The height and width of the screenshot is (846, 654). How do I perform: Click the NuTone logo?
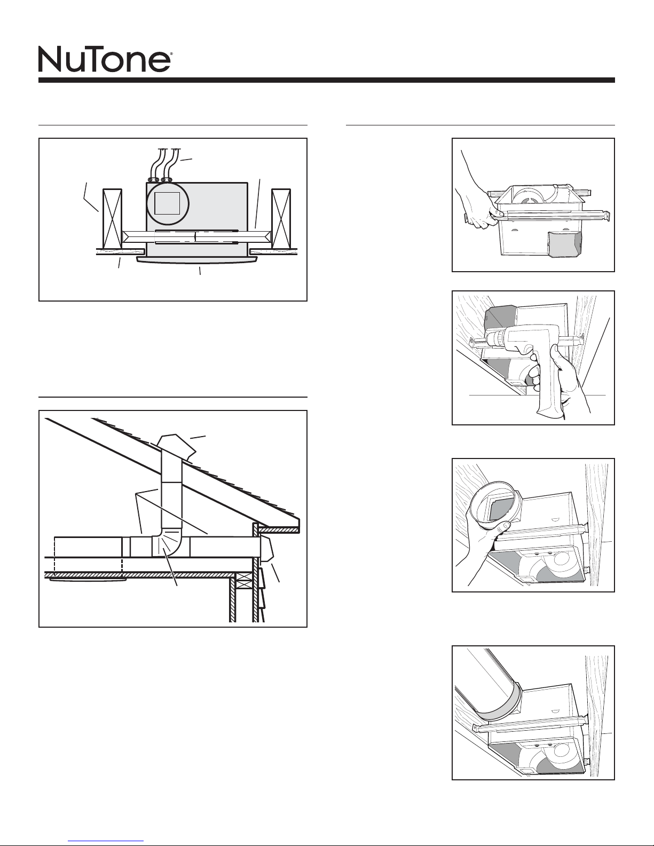(104, 59)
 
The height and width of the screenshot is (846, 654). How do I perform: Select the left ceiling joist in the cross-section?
(112, 219)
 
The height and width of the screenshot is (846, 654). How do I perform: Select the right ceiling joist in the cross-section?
(281, 219)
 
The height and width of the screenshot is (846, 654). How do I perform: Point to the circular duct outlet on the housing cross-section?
(168, 204)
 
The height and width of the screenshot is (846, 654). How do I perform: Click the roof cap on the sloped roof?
(176, 447)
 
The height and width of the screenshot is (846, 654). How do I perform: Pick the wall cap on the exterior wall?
(266, 549)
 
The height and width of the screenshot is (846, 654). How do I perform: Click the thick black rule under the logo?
(327, 80)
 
